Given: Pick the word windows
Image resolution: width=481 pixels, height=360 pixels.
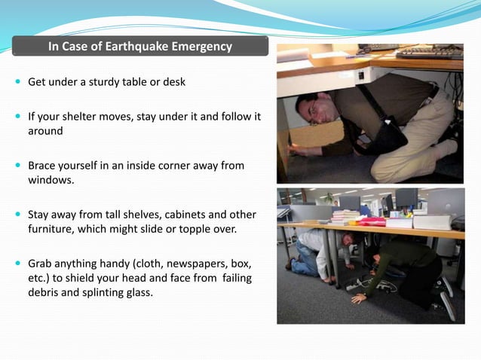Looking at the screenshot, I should pyautogui.click(x=50, y=179).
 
